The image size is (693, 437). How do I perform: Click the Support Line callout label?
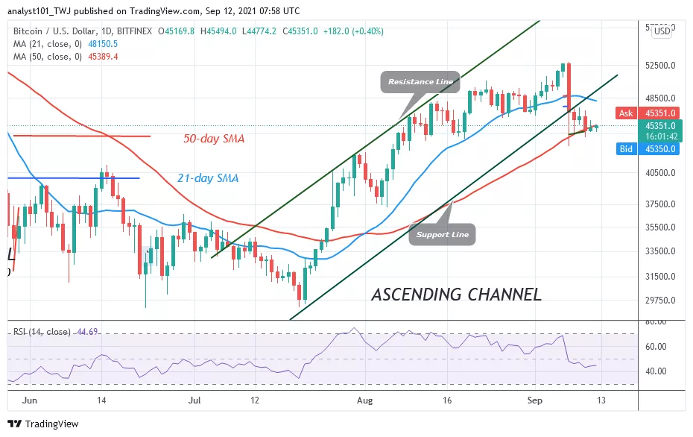442,234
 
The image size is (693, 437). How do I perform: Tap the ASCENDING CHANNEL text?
456,294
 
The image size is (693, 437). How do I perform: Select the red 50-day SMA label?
215,138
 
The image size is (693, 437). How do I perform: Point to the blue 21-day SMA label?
207,178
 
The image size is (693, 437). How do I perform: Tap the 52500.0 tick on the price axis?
660,66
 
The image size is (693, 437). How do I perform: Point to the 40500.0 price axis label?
660,173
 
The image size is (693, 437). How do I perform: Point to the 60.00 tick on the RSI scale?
656,347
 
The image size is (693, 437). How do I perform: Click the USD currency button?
661,31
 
